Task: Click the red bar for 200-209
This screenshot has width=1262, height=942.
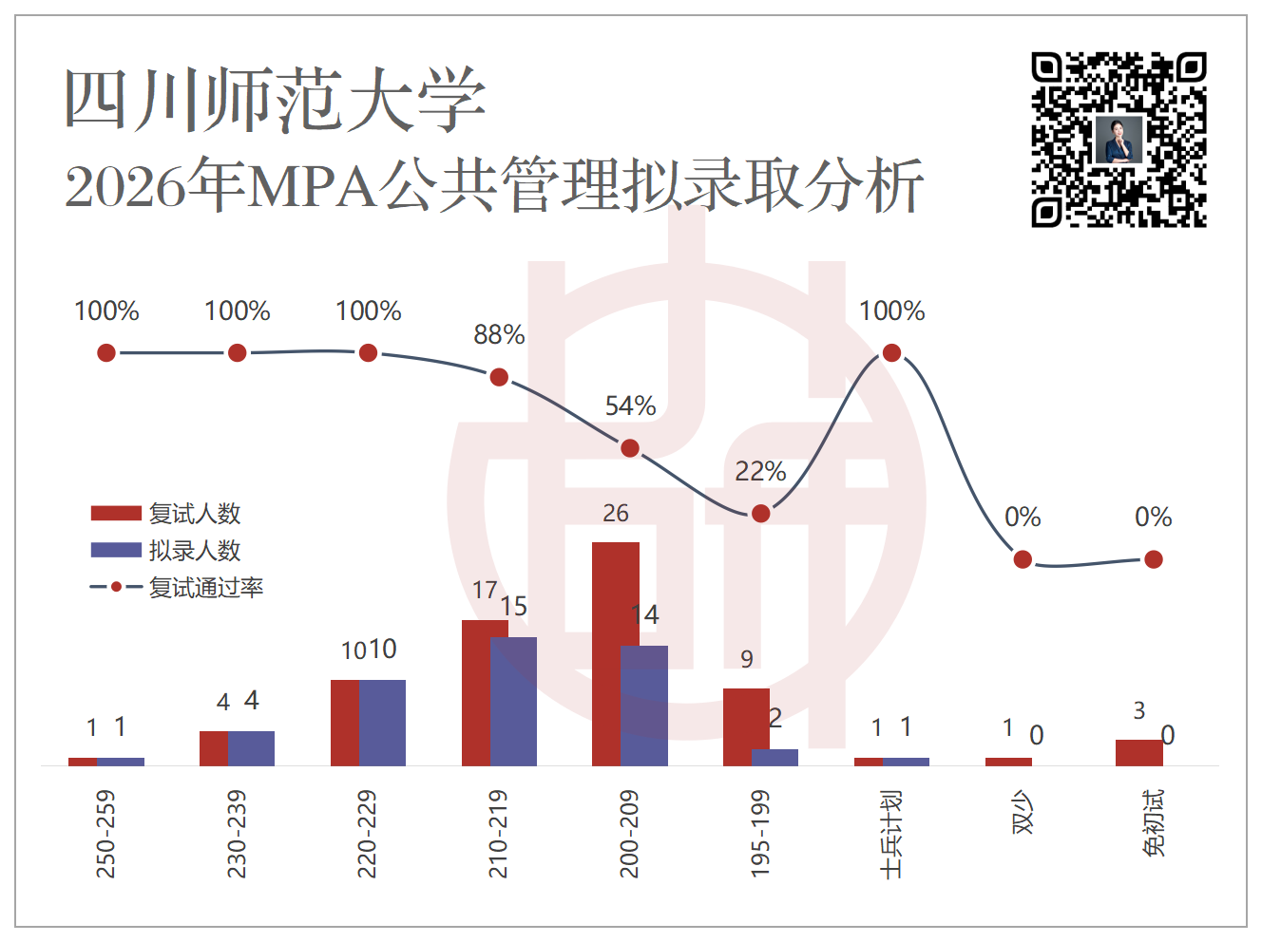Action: tap(615, 653)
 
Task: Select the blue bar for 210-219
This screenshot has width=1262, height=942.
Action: tap(513, 702)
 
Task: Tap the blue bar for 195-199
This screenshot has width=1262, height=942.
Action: tap(774, 758)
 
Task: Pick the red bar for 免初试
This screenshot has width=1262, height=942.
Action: tap(1139, 753)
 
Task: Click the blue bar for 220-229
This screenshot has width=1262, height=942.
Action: tap(382, 724)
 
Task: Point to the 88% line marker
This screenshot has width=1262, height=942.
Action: tap(499, 377)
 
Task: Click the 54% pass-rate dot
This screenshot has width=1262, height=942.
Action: tap(630, 448)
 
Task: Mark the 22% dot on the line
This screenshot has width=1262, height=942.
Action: tap(760, 514)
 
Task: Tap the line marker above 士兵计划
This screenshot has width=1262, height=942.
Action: tap(891, 352)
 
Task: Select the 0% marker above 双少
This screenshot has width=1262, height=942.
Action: tap(1023, 559)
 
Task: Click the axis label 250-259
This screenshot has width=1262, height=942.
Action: tap(105, 835)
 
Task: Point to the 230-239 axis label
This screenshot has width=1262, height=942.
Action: tap(237, 835)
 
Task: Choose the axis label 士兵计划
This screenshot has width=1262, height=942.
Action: tap(891, 835)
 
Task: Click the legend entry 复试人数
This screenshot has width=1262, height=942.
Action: tap(165, 513)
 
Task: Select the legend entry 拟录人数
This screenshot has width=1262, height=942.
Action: tap(165, 550)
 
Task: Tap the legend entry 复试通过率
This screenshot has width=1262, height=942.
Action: tap(177, 587)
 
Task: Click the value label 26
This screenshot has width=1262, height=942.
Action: tap(616, 513)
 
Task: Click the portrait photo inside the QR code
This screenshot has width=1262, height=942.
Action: tap(1119, 140)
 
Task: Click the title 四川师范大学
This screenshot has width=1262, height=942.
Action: tap(276, 99)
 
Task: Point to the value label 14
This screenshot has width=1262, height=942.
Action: tap(645, 614)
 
